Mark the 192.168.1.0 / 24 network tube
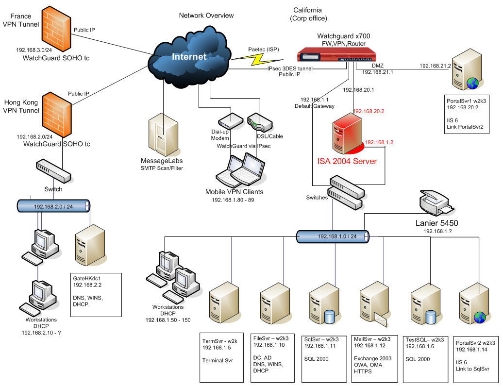click(333, 236)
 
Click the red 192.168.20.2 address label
click(369, 111)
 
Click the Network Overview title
click(206, 16)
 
